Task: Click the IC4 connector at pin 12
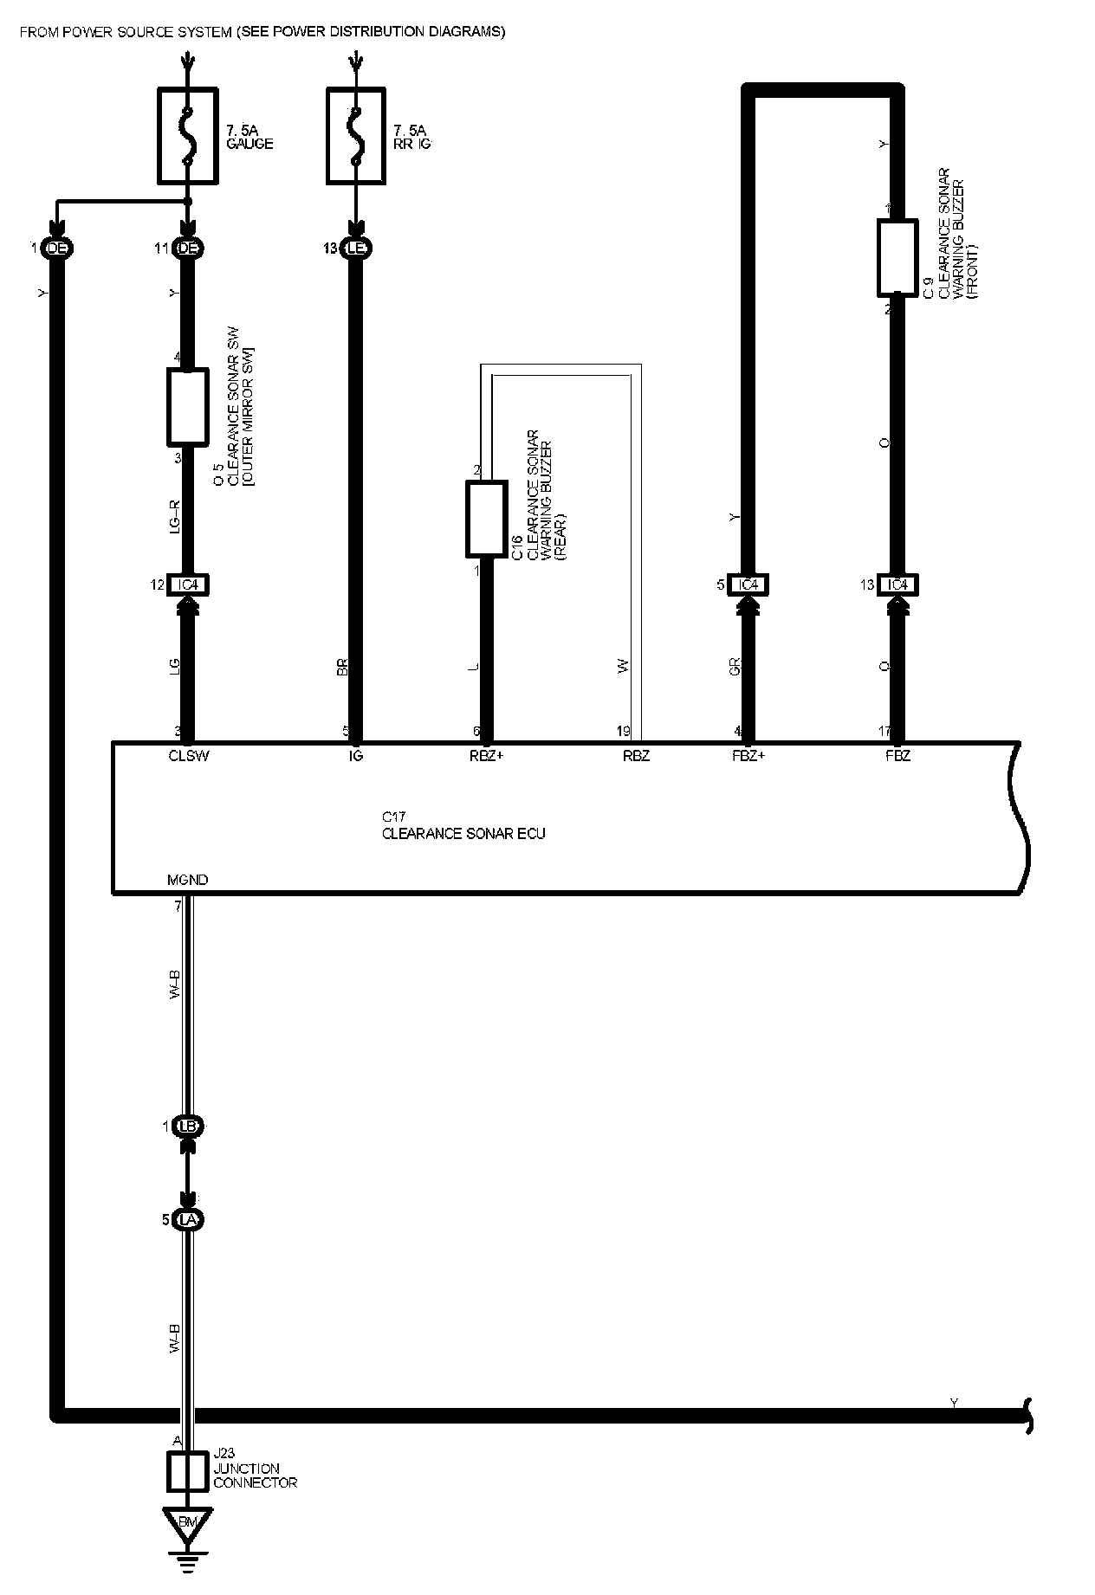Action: tap(188, 585)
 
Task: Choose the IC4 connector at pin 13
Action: tap(897, 585)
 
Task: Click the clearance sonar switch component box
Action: tap(187, 405)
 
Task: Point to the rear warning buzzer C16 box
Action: tap(486, 519)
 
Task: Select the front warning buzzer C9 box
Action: tap(897, 257)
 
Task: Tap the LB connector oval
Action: tap(188, 1127)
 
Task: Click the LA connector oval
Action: tap(188, 1219)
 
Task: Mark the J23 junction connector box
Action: tap(187, 1470)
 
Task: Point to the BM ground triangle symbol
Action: tap(187, 1524)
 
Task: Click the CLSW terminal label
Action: tap(189, 756)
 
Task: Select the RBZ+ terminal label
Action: tap(485, 756)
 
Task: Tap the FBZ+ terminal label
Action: tap(748, 756)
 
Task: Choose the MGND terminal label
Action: tap(187, 880)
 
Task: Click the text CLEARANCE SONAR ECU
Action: tap(463, 834)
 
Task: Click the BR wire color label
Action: tap(343, 667)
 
